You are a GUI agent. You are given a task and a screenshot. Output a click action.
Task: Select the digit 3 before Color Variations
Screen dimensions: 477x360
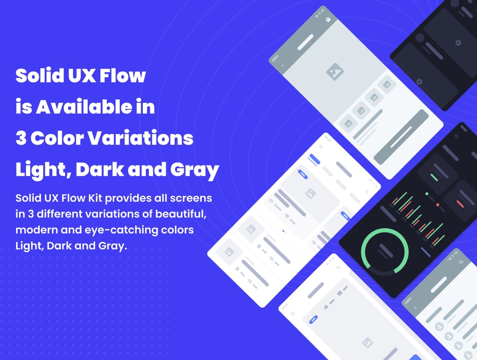coord(21,138)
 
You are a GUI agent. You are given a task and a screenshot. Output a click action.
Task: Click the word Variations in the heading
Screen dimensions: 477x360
coord(140,138)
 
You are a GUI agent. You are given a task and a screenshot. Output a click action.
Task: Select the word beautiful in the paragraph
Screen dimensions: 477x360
coord(181,214)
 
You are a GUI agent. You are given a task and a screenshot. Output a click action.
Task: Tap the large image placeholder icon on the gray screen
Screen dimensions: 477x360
coord(335,72)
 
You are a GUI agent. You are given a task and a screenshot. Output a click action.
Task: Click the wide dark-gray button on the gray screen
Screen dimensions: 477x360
coord(401,137)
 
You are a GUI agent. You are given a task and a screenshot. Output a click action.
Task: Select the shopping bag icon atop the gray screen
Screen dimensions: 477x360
coord(328,19)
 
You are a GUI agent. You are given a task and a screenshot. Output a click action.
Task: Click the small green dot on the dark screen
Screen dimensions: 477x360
coord(427,194)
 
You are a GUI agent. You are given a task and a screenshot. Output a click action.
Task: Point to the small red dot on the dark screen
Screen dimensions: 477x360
coord(438,205)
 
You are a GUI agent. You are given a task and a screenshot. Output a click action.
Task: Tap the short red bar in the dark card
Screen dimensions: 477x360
coord(460,204)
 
